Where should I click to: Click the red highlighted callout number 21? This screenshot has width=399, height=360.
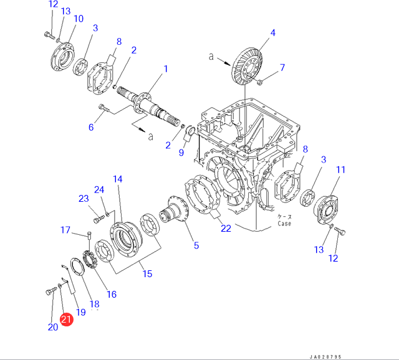point(67,319)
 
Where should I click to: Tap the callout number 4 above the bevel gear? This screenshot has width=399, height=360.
point(273,32)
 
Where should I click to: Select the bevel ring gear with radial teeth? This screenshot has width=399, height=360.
point(247,68)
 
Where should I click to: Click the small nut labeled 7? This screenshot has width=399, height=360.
point(259,82)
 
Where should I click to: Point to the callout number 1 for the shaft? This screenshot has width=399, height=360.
point(166,69)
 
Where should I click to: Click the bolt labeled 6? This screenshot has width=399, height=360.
point(104,108)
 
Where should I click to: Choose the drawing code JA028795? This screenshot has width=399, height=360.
point(325,357)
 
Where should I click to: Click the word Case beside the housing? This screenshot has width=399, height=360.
point(284,224)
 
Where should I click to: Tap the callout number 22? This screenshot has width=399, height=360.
point(226,229)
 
